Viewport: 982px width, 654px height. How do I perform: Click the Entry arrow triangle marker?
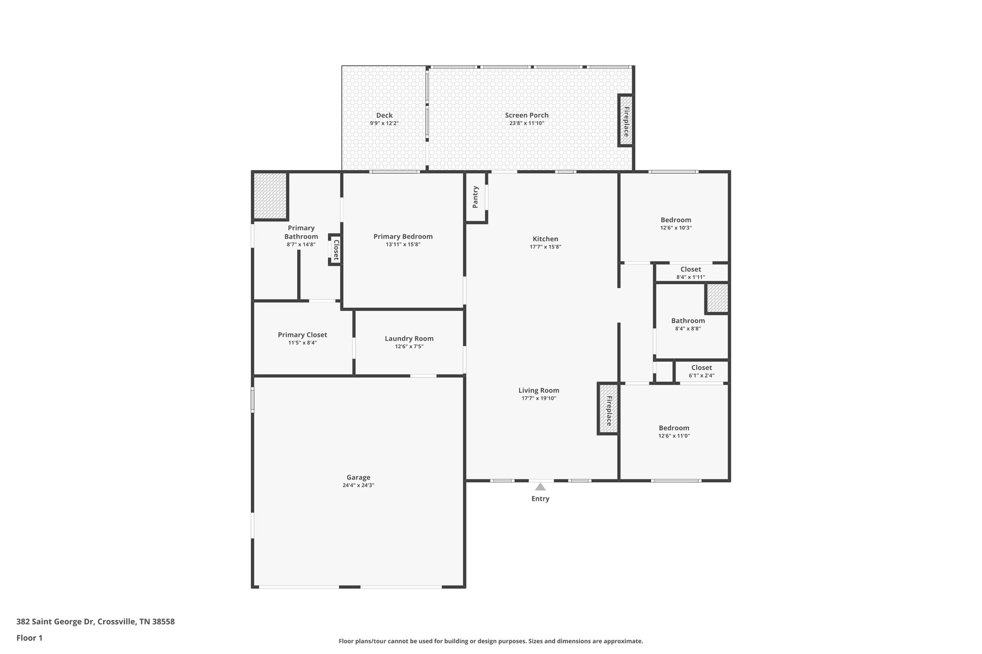coord(540,487)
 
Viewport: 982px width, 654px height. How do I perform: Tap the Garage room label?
coord(358,477)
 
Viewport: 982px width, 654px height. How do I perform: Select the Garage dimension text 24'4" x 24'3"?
coord(358,485)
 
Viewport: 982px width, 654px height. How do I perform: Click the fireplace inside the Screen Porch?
coord(626,121)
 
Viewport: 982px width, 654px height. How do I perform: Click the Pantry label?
coord(475,197)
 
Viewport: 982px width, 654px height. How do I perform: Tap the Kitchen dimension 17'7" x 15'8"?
coord(545,247)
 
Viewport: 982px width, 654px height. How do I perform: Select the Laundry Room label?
coord(409,339)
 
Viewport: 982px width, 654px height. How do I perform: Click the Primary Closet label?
coord(303,335)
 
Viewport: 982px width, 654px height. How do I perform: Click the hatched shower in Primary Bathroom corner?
coord(270,196)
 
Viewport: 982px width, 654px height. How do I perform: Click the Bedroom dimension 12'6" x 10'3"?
coord(676,228)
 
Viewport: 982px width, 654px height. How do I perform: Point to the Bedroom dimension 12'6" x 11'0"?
coord(674,436)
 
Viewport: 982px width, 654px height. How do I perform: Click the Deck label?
coord(384,115)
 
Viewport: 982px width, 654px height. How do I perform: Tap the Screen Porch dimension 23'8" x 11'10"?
coord(526,123)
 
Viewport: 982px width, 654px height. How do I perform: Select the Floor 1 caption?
coord(29,638)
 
